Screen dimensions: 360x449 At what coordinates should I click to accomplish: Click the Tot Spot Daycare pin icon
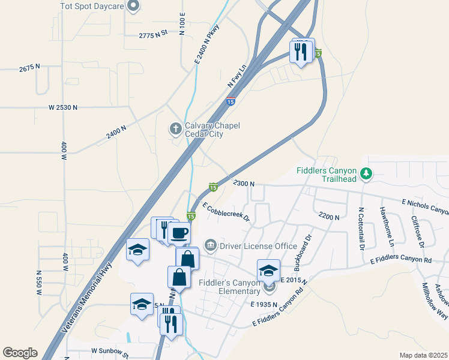134,6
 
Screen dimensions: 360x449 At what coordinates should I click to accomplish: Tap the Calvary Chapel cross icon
175,128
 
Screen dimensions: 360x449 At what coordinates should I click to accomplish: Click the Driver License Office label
258,246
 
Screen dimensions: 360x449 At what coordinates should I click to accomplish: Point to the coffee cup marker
179,232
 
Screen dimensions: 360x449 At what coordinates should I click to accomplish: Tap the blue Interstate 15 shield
231,102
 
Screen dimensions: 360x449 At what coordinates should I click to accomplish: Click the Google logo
20,353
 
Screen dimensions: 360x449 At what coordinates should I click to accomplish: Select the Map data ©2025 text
423,355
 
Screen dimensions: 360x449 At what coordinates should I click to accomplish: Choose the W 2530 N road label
63,107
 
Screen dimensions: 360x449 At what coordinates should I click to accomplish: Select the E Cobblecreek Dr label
226,212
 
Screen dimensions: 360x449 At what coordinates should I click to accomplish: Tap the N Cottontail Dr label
361,229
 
